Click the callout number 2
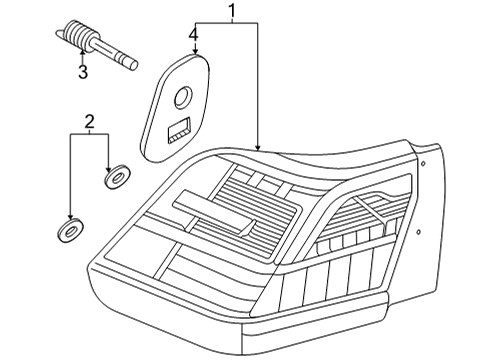click(89, 122)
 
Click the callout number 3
click(83, 72)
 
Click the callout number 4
click(194, 35)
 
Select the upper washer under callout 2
click(117, 176)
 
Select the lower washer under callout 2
click(70, 229)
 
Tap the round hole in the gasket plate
click(183, 97)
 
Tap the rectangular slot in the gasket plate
click(179, 130)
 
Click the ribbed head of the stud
click(79, 36)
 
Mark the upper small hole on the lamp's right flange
click(423, 163)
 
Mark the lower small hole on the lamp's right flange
click(419, 231)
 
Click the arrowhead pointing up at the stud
click(82, 51)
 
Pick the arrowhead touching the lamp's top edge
click(257, 147)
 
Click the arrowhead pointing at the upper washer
click(108, 169)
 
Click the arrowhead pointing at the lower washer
click(70, 217)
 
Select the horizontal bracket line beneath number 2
click(89, 134)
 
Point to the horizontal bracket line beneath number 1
click(226, 22)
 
